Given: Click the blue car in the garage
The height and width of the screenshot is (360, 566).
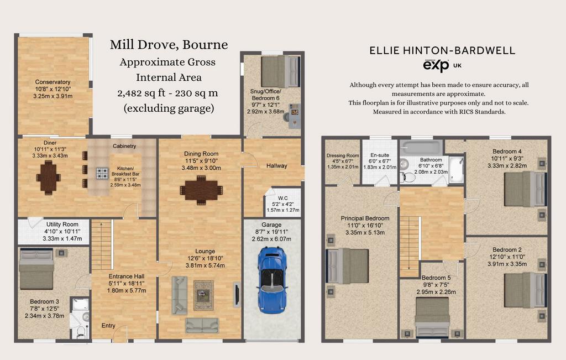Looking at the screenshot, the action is coord(272,280).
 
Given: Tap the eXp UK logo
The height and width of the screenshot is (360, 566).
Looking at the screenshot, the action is coord(442,66).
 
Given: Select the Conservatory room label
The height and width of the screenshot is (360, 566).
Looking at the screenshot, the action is coord(53,82).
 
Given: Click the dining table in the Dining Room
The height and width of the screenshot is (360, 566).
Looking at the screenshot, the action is coord(201,190).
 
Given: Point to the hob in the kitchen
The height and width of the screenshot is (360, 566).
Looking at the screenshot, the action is coord(102,173).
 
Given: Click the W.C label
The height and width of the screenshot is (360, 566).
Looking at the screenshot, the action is coord(283,198).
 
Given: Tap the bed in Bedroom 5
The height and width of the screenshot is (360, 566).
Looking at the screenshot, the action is coord(432,318).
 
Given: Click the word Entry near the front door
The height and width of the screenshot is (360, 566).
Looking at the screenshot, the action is coord(108,325).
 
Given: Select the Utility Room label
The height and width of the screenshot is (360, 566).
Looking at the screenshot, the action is coord(62,224).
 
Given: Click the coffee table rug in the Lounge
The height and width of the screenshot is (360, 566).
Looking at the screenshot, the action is coord(203,295).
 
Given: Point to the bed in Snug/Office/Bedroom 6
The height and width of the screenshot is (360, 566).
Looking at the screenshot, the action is coord(280,71).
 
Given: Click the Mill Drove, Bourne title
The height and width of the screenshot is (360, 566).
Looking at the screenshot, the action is coord(169,44).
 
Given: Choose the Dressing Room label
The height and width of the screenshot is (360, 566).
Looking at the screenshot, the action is coord(343,155).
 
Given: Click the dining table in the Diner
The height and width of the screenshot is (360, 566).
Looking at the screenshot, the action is coord(48,178).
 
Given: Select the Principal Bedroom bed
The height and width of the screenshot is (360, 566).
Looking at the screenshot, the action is coord(347,266).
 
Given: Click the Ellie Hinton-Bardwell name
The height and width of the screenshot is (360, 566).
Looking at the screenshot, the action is coord(442,50).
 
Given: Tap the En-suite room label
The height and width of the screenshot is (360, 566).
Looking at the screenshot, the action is coord(379,155).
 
